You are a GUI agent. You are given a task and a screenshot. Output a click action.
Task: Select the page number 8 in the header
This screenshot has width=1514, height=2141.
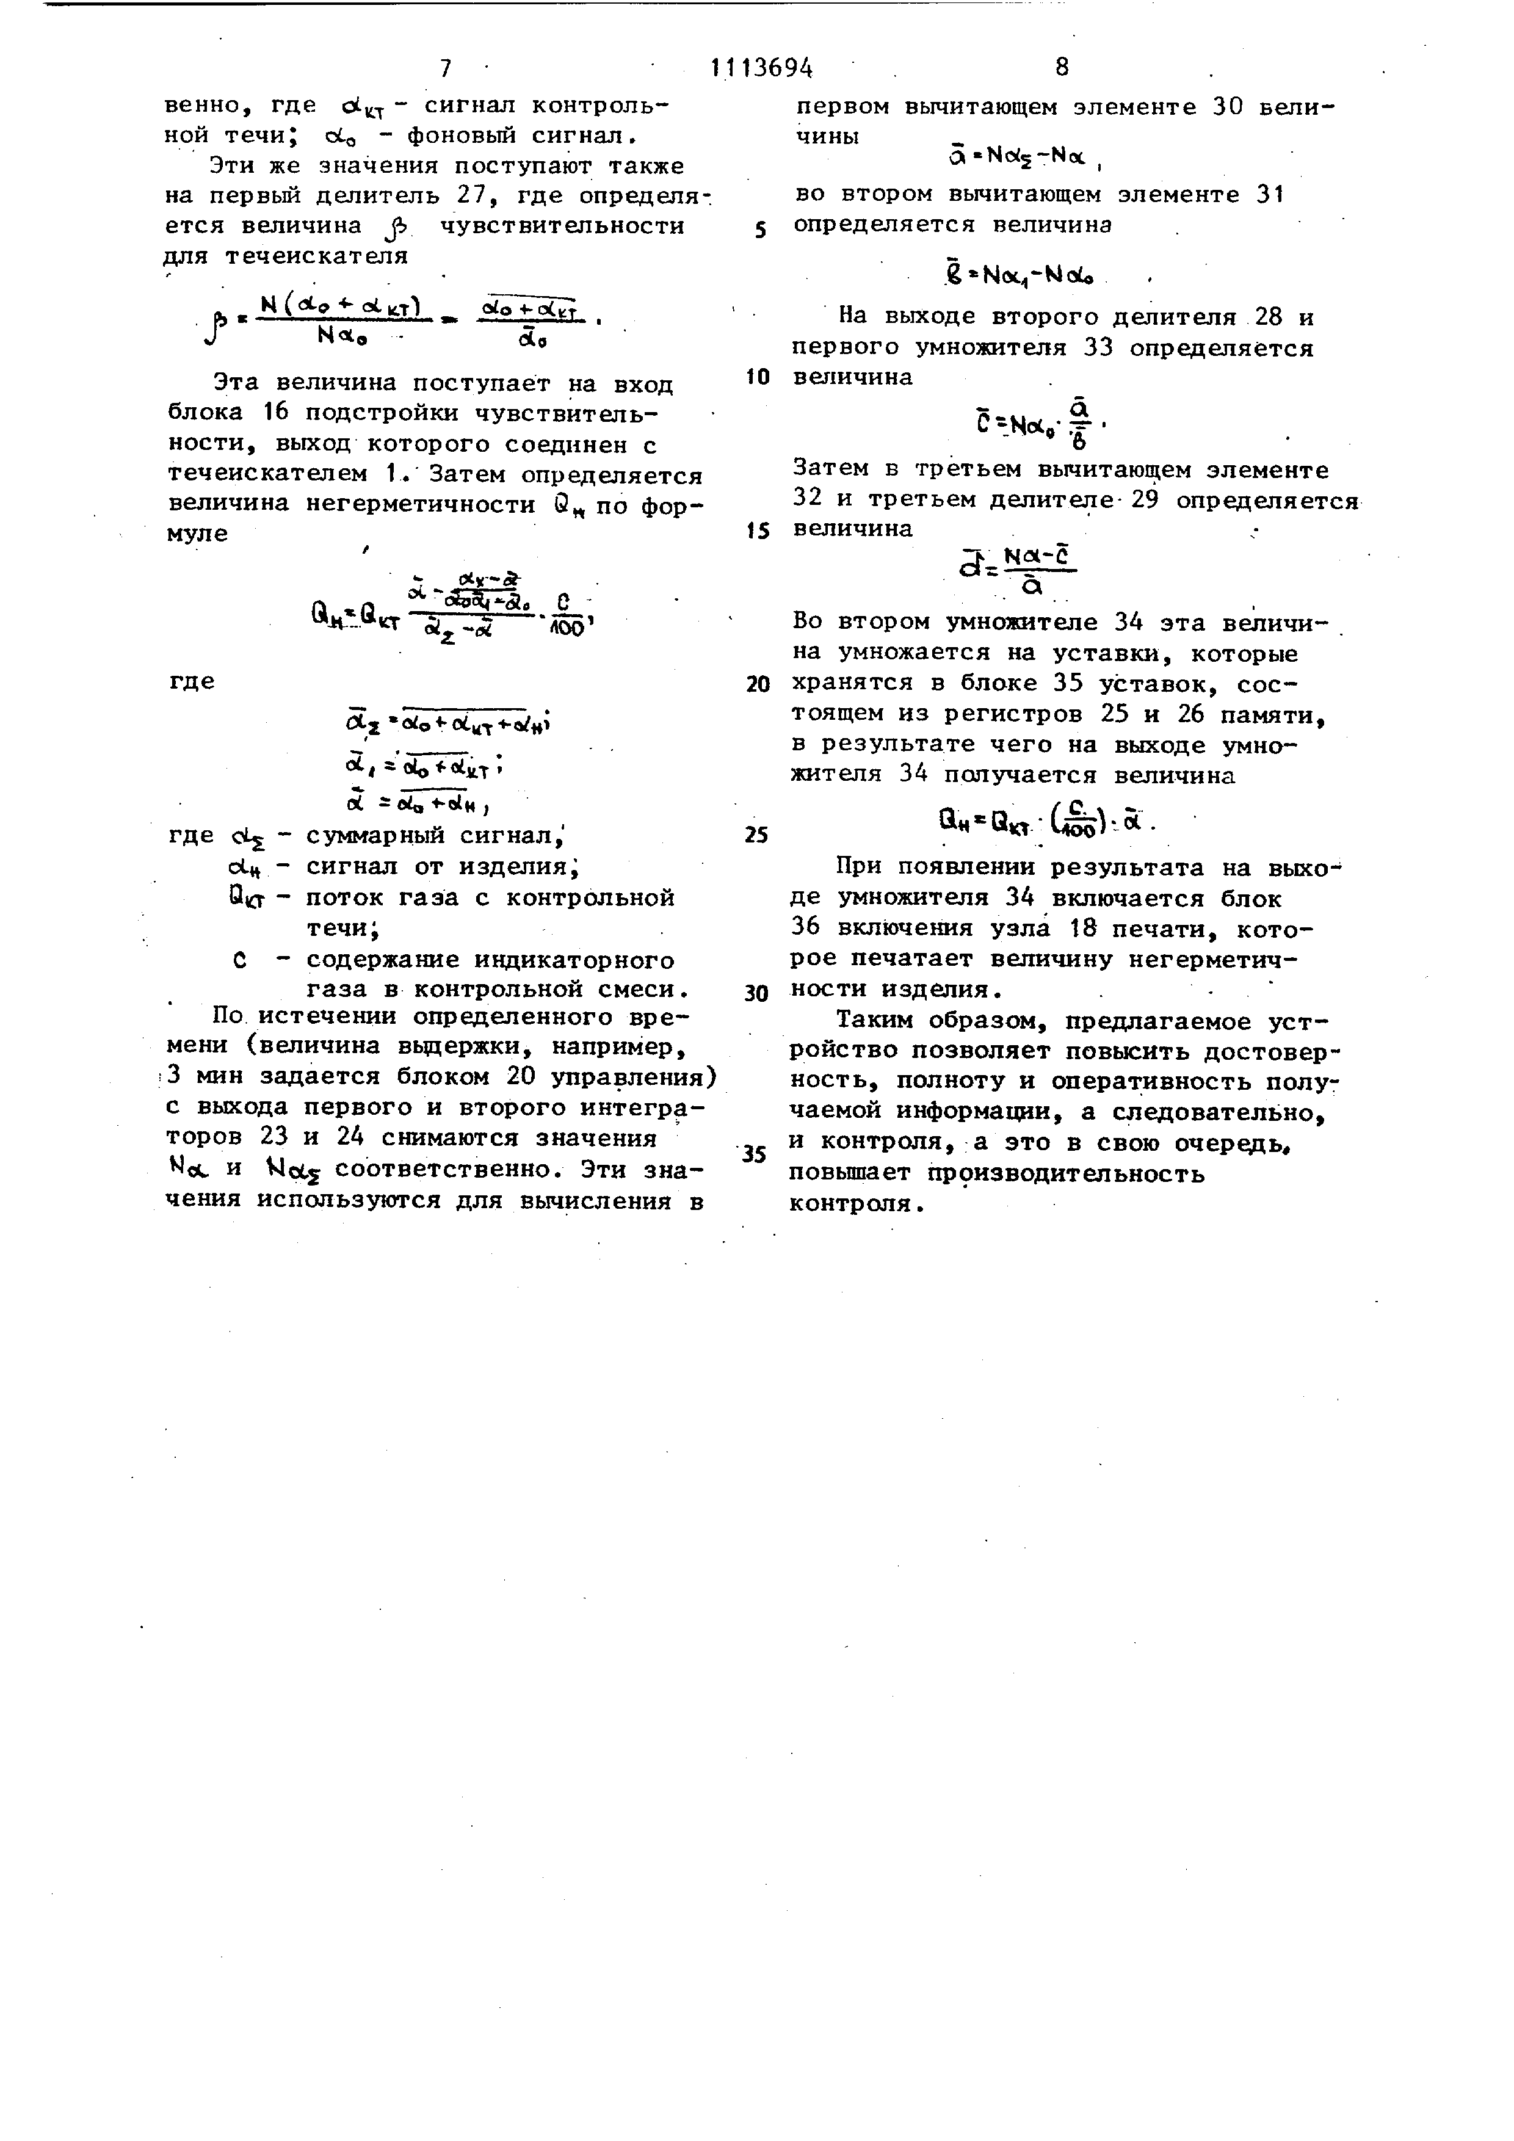[x=1062, y=67]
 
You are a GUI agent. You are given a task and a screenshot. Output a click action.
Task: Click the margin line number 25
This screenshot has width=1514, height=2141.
[x=757, y=835]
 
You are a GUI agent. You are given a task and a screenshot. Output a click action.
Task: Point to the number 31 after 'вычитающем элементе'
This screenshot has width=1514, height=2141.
[x=1270, y=195]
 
